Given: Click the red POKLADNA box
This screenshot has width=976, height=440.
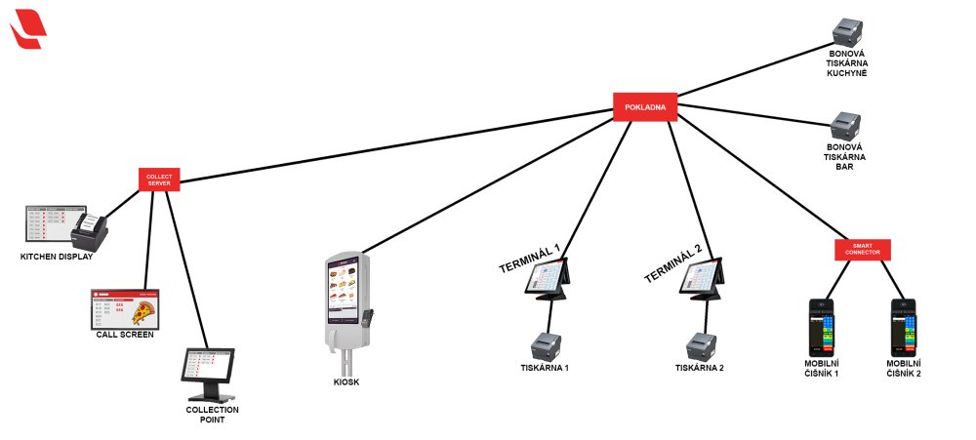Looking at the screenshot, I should coord(644,106).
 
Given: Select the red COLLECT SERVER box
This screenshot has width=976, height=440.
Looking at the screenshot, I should coord(159,180).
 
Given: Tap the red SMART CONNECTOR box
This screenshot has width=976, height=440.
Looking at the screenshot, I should coord(863,249).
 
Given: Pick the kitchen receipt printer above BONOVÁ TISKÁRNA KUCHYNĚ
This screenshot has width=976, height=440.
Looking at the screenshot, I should coord(845,32).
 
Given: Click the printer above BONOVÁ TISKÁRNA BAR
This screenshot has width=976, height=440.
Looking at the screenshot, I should coord(845,126).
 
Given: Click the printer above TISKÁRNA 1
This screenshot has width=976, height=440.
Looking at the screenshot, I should coord(546,346).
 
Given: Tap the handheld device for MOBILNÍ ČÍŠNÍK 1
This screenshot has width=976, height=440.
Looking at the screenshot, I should coord(820,327).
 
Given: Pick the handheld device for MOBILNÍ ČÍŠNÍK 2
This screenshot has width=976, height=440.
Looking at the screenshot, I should coord(904,327).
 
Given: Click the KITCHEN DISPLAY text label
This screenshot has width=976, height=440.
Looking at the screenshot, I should coord(57,257).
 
